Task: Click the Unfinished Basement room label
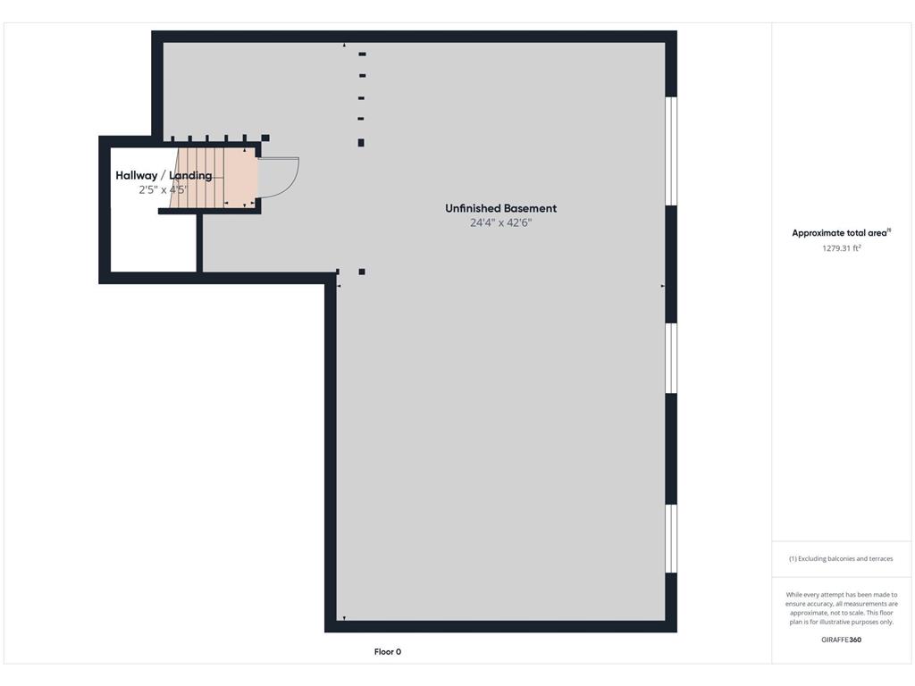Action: [500, 208]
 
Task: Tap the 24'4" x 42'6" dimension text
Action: [500, 222]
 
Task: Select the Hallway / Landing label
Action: [164, 176]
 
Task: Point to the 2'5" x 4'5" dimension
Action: [163, 189]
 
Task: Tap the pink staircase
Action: [214, 178]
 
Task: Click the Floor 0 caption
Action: [388, 651]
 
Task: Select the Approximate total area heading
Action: [839, 233]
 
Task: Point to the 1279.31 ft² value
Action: [842, 248]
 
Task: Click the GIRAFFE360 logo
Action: [841, 640]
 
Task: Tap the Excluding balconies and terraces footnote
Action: [841, 558]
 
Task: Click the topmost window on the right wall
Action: [672, 151]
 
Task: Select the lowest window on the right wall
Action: [672, 539]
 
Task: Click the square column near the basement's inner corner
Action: [362, 272]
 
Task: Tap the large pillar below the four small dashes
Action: [361, 143]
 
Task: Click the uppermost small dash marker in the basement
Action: [363, 54]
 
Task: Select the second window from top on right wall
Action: [672, 358]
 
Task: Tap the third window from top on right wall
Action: [672, 539]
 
